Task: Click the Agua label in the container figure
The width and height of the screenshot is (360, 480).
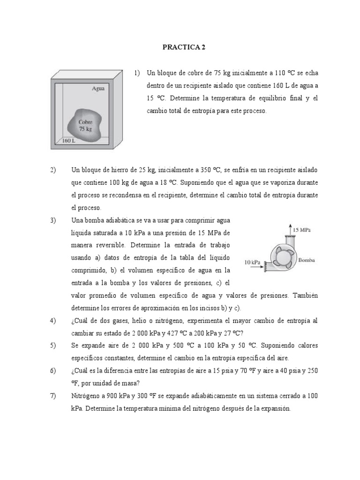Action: pos(98,88)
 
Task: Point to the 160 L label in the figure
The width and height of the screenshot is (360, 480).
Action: pos(68,140)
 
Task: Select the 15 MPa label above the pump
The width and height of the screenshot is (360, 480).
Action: pos(302,230)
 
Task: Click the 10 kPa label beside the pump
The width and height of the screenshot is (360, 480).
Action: pos(253,262)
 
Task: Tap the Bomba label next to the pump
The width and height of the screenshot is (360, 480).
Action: pos(307,260)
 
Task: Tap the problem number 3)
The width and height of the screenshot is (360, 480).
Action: pos(53,220)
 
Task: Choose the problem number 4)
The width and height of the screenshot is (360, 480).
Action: pos(53,321)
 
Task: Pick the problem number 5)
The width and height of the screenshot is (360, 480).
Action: pos(53,345)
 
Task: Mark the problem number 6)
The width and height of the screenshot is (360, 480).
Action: pos(53,371)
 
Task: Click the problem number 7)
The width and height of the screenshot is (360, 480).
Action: pos(53,396)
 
